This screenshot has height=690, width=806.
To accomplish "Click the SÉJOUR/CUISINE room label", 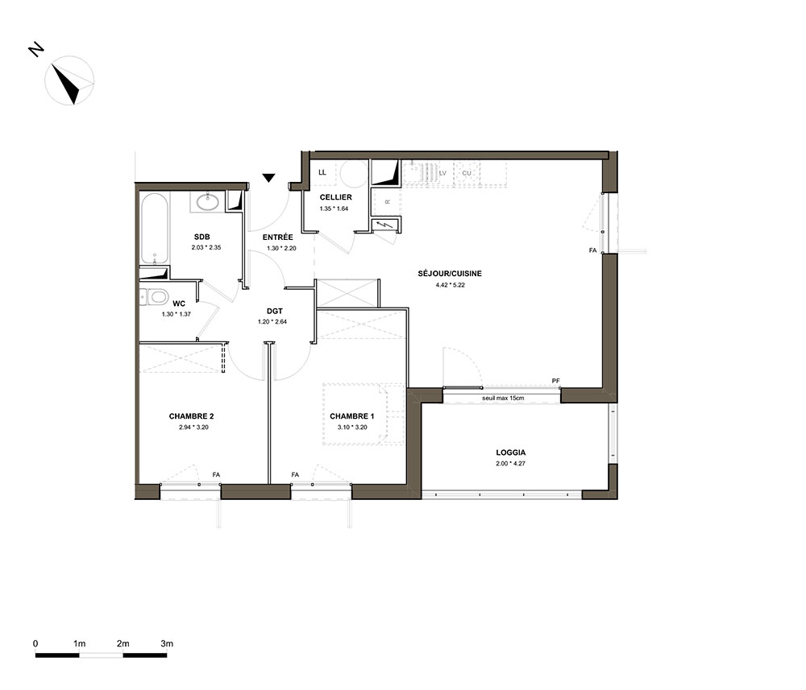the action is click(x=449, y=274).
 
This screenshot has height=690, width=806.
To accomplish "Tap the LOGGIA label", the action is click(x=510, y=452).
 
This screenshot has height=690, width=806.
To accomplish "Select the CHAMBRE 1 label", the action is click(x=352, y=415).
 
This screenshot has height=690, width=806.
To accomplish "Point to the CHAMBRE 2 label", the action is click(x=191, y=415).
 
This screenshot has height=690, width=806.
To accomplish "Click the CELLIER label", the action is click(x=335, y=197).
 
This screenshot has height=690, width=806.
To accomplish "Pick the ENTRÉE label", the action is click(x=277, y=238).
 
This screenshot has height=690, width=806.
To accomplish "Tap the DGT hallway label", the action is click(x=275, y=311).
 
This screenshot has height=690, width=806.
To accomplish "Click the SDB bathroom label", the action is click(x=201, y=237).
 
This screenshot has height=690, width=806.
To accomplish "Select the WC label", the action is click(x=178, y=304).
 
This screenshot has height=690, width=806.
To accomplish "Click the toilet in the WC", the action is click(x=154, y=296).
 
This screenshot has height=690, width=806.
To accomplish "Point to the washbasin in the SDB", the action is click(x=208, y=202).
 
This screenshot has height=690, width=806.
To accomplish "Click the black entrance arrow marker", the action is click(x=268, y=178).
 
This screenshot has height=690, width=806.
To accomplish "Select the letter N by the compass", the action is click(x=35, y=49).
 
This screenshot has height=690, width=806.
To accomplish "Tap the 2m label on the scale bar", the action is click(x=123, y=643).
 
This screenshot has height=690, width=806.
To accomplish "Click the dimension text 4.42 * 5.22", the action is click(x=450, y=285).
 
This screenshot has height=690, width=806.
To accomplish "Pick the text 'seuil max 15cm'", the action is click(x=503, y=398).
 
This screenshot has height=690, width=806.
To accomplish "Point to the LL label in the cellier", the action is click(x=322, y=172).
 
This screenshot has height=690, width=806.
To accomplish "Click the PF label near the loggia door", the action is click(x=555, y=381).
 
